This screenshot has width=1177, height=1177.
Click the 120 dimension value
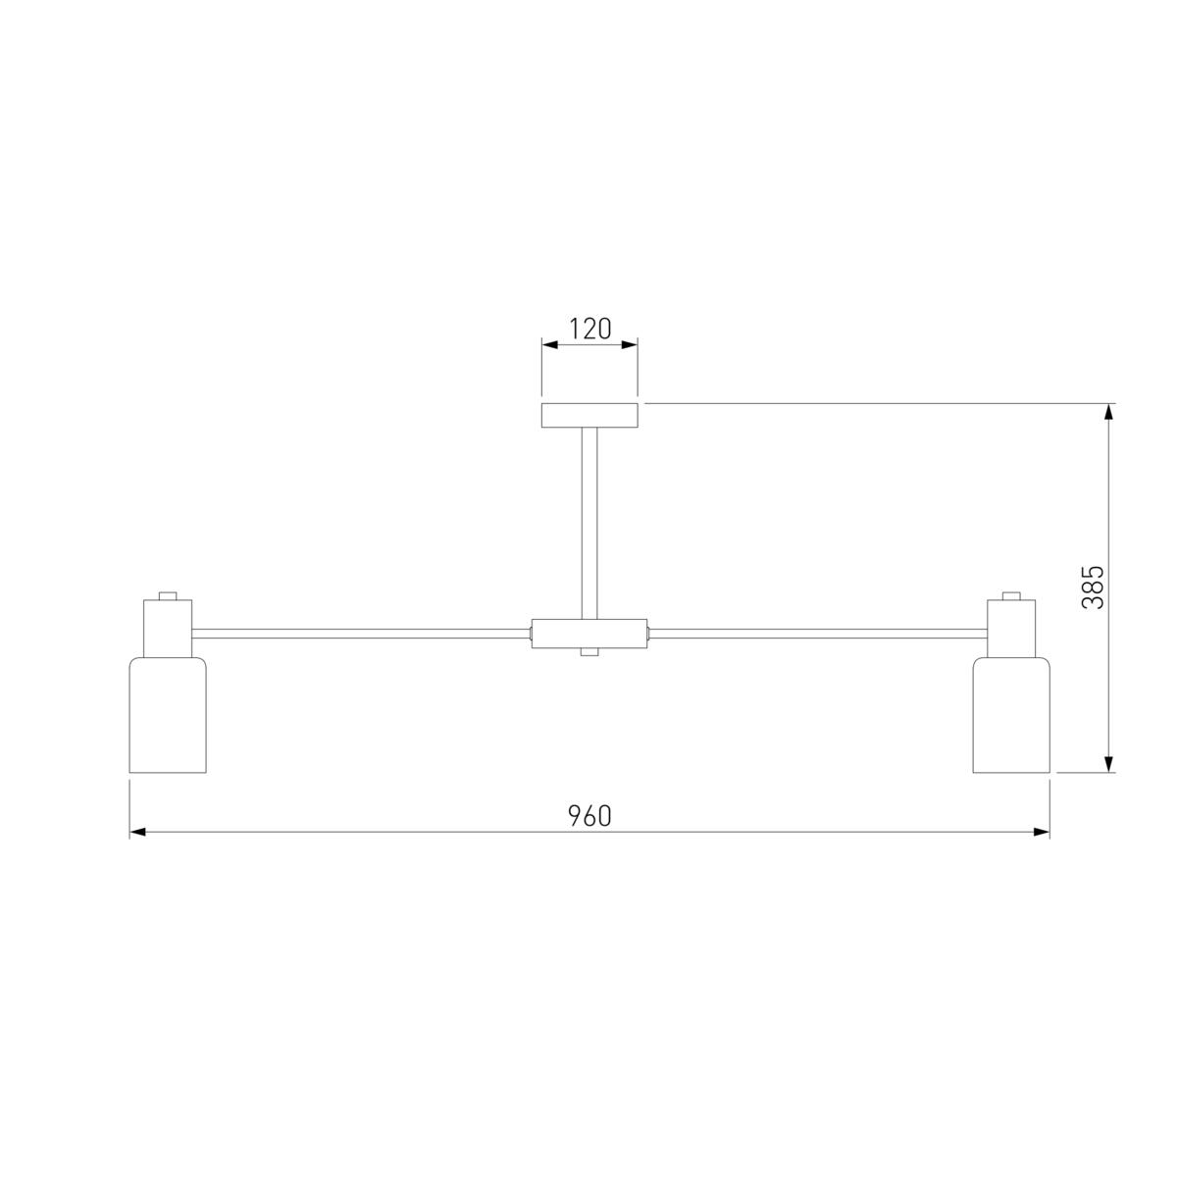click(x=590, y=330)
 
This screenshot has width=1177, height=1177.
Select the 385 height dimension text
click(x=1094, y=587)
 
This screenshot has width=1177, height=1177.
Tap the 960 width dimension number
click(x=589, y=816)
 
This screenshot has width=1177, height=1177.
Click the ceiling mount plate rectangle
click(x=589, y=415)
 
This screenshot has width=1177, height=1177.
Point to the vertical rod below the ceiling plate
click(x=589, y=524)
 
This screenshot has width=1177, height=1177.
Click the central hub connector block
click(x=589, y=634)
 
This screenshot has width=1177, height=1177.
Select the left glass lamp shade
click(x=168, y=715)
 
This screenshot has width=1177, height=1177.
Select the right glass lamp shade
click(x=1011, y=715)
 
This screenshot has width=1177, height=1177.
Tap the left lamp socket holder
click(x=168, y=629)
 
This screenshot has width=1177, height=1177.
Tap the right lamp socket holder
click(x=1011, y=629)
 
